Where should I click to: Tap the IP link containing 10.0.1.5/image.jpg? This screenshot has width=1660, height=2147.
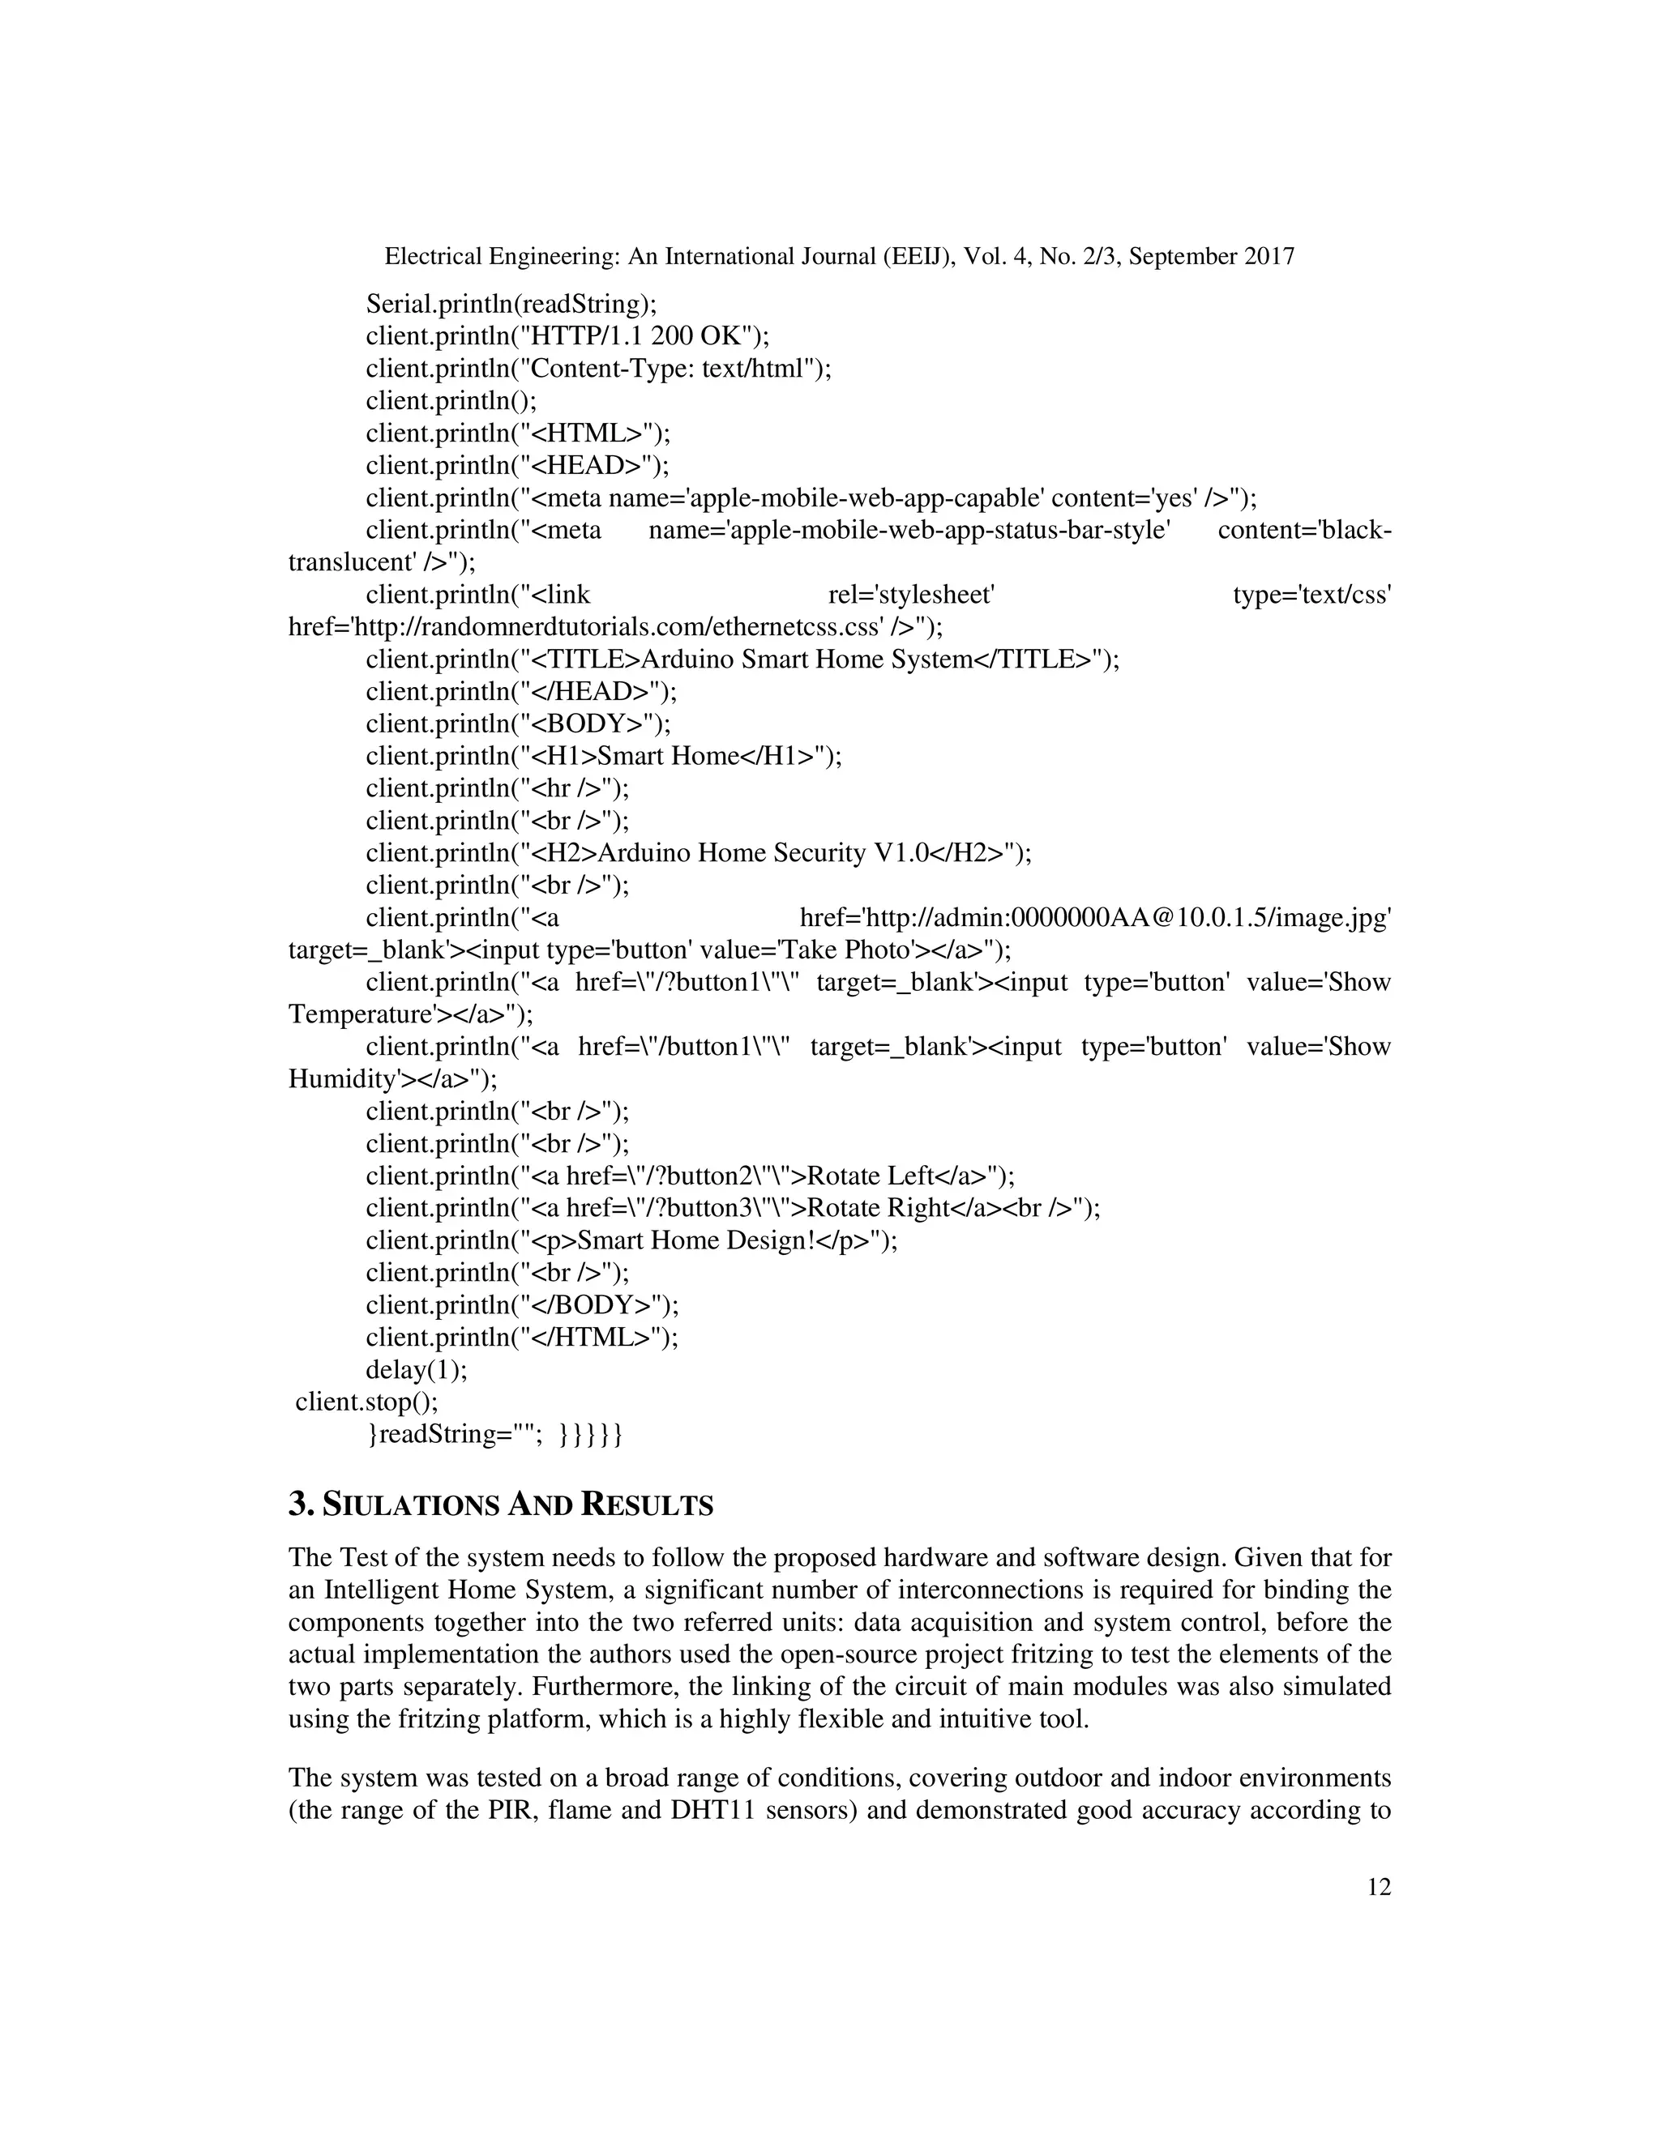(1096, 918)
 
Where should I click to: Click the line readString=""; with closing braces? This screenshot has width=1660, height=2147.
(494, 1434)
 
